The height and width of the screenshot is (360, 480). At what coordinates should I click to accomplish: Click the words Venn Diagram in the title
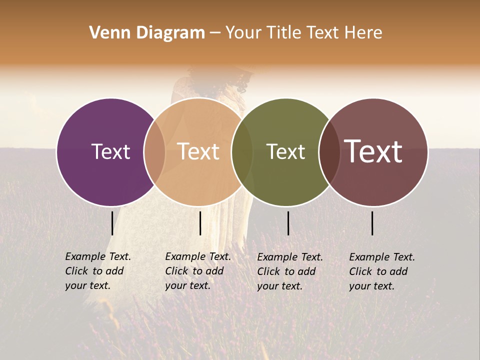147,33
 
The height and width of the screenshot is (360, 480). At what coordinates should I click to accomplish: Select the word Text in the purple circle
110,151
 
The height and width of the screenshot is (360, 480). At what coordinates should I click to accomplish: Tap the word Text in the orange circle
198,151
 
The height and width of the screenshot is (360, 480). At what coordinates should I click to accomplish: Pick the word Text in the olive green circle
285,151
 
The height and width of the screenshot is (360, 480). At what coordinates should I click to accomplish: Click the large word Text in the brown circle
373,151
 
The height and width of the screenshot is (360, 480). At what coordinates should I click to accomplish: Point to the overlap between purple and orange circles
154,152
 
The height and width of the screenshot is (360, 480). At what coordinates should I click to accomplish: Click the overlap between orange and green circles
242,152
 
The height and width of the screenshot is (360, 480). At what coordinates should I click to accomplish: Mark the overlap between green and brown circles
328,152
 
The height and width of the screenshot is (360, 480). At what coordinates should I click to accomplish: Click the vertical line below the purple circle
112,223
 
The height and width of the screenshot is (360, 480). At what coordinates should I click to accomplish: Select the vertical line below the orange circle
200,223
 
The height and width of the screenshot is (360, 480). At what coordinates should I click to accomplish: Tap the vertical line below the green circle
288,223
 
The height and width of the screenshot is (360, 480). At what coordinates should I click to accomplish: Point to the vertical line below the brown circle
372,223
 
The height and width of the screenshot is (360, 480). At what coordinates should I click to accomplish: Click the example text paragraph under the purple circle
98,271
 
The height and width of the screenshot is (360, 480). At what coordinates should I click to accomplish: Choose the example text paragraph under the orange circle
198,271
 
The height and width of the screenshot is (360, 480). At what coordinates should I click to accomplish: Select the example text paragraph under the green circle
290,271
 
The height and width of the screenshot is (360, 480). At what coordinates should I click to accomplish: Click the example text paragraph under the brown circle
382,271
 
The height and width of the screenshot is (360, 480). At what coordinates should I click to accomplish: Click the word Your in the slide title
242,33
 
